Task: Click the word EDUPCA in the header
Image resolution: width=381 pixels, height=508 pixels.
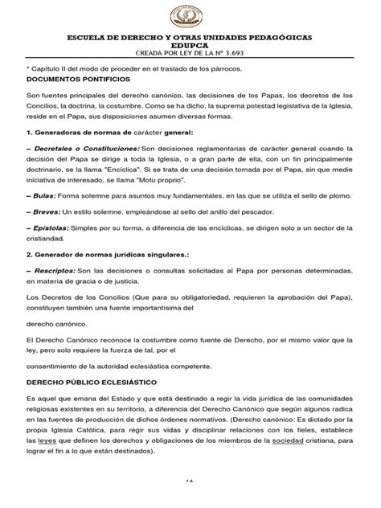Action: point(190,47)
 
